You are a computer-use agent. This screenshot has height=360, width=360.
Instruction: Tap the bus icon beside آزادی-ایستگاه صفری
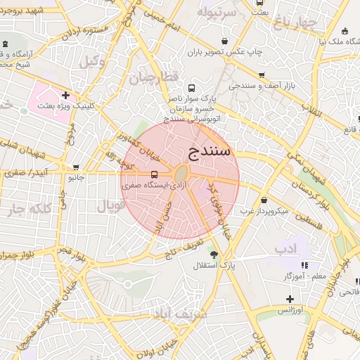coord(154,174)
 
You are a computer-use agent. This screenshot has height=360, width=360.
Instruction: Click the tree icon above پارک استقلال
coord(214,255)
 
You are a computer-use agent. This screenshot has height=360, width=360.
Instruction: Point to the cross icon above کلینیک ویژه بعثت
coord(65,95)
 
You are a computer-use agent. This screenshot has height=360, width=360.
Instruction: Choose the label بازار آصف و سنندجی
coord(262,86)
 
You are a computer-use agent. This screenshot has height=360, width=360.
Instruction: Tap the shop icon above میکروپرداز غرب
coord(264,200)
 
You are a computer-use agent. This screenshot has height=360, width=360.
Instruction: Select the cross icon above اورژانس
coord(289,299)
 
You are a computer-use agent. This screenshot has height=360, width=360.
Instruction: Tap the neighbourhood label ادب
coord(285,250)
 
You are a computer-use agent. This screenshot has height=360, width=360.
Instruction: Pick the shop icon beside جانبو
coord(76,167)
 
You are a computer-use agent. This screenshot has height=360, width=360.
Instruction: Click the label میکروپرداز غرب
coord(264,210)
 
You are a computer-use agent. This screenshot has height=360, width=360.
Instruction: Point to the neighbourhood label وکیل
coord(92,62)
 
